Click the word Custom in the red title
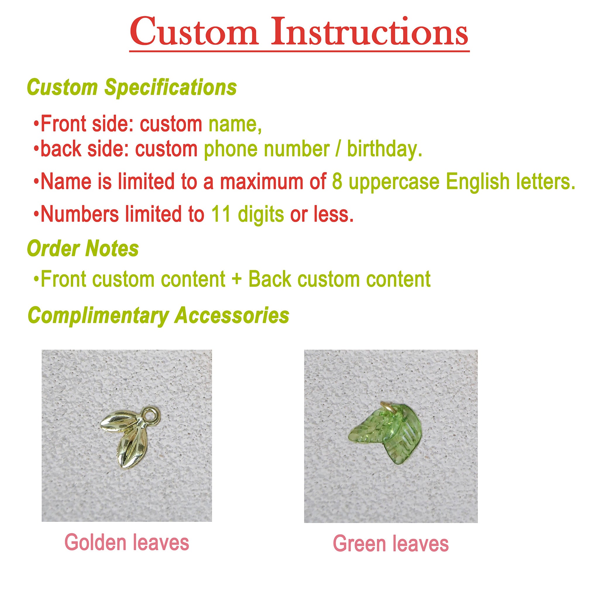(x=194, y=32)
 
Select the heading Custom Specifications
(x=132, y=88)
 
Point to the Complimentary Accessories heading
(x=159, y=316)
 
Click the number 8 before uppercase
(x=337, y=182)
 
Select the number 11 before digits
(x=221, y=214)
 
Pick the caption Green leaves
(x=391, y=544)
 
